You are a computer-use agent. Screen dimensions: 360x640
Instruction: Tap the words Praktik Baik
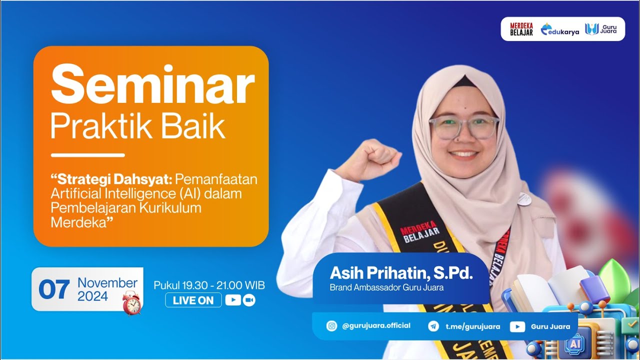coord(138,127)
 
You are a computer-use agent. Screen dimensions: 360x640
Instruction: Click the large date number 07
coord(54,290)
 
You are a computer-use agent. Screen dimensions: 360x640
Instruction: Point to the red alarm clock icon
coord(131,302)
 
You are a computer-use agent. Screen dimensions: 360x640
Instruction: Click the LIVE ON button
coord(193,300)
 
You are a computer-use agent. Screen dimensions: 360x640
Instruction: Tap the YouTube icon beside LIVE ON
coord(233,300)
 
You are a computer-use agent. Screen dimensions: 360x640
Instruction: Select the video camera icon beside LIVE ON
coord(249,300)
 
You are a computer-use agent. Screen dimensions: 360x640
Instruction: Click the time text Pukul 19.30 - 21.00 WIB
coord(209,285)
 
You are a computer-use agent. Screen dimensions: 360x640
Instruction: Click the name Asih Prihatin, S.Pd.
coord(401,273)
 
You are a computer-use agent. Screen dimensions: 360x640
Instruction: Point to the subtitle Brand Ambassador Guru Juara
coord(386,287)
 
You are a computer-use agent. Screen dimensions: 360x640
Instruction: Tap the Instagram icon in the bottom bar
coord(331,326)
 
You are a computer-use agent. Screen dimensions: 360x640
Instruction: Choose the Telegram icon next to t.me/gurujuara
coord(433,326)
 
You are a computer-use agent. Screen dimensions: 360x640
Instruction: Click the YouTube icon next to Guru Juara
coord(517,326)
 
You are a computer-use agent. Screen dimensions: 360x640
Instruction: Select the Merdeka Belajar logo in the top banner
coord(521,29)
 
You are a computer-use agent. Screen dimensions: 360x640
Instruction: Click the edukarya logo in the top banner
coord(559,29)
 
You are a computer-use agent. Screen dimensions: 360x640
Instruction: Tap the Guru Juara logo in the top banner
coord(601,29)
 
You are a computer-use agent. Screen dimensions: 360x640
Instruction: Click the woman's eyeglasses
coord(464,126)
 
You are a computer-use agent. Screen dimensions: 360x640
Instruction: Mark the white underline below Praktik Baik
coord(87,155)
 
